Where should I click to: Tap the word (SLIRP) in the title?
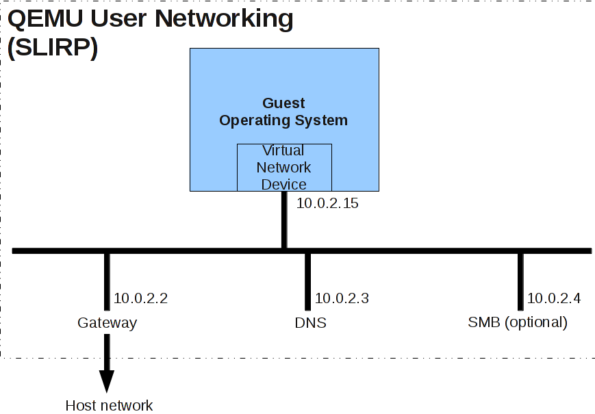pos(52,49)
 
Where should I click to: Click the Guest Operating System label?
pos(283,112)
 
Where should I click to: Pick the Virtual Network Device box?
pos(284,168)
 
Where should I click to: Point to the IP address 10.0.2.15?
pos(327,203)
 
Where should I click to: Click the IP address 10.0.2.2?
pos(140,298)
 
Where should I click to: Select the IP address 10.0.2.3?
pos(342,298)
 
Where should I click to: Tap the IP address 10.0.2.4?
pos(553,298)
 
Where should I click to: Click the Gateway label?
pos(107,323)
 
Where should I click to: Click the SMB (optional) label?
pos(518,322)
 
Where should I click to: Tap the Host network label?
pos(109,406)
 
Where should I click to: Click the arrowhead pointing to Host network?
pos(107,380)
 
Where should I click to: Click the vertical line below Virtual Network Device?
pos(284,219)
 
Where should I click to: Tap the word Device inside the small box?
pos(284,184)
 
